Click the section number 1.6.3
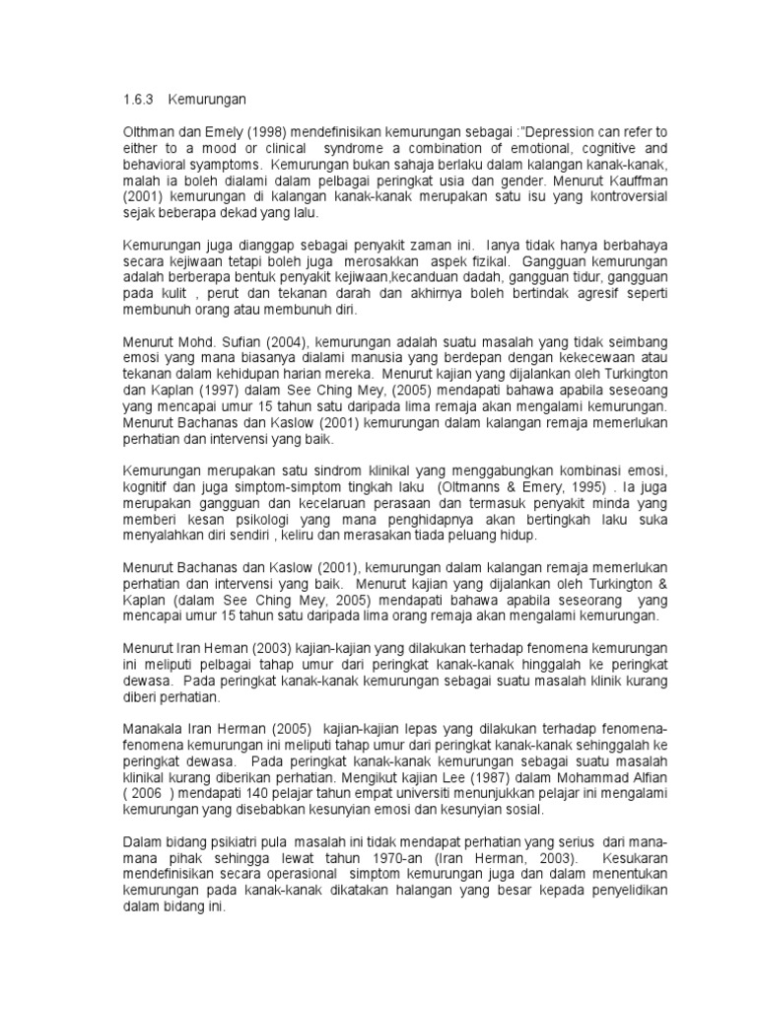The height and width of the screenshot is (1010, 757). click(x=139, y=100)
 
